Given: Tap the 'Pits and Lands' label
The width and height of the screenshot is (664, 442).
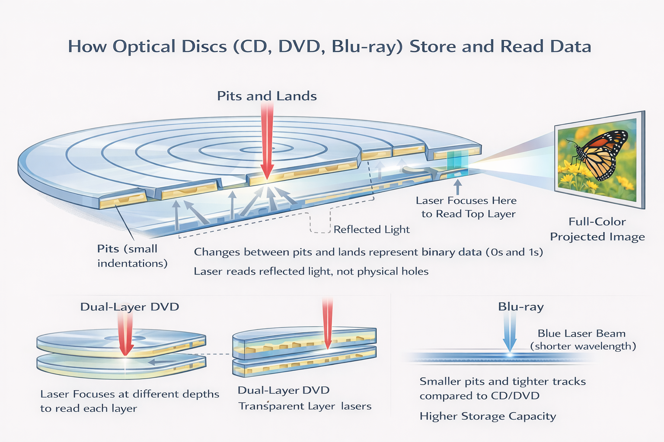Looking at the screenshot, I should click(x=267, y=96).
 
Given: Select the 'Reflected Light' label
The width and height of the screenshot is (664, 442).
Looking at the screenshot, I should click(x=371, y=229).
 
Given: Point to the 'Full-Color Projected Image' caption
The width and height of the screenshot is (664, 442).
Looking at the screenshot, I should click(x=597, y=229).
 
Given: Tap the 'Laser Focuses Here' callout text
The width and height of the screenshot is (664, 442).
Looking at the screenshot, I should click(x=466, y=201).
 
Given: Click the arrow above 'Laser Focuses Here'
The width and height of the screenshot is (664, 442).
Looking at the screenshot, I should click(x=457, y=186).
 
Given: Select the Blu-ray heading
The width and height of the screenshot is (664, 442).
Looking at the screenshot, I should click(x=520, y=307).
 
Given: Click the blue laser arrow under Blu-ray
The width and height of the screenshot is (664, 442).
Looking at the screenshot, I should click(x=510, y=332).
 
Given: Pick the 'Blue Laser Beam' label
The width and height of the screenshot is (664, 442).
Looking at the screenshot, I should click(x=581, y=334).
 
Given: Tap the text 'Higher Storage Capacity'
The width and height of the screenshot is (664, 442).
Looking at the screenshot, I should click(x=488, y=416).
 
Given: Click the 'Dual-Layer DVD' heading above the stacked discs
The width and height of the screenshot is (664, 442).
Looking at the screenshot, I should click(x=130, y=307).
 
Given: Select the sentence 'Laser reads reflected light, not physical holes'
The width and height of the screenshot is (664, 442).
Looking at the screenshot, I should click(x=311, y=272).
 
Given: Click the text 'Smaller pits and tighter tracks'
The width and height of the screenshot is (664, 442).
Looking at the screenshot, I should click(x=502, y=382).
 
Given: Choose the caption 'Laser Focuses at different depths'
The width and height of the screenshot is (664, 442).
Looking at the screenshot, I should click(x=130, y=394).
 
